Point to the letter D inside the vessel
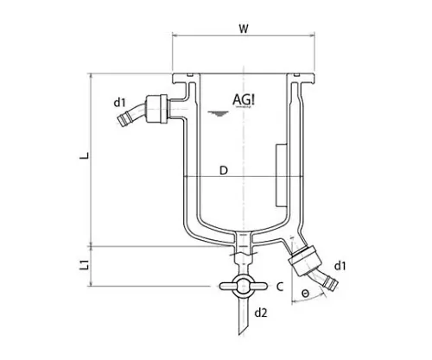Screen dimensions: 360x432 pyautogui.click(x=223, y=171)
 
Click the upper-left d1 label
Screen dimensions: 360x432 pyautogui.click(x=120, y=103)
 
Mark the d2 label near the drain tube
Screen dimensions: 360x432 pyautogui.click(x=261, y=311)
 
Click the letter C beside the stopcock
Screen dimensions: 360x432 pyautogui.click(x=280, y=285)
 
